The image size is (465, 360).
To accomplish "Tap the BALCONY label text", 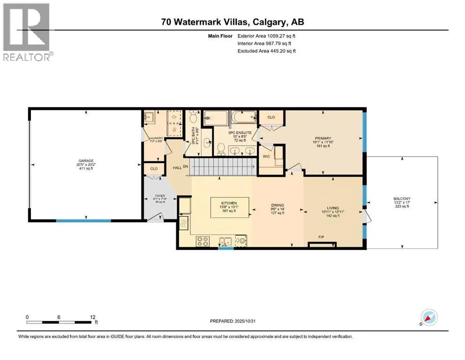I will click(x=402, y=199).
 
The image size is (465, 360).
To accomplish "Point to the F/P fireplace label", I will click(x=322, y=238).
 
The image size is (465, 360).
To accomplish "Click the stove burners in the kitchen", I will click(x=203, y=241).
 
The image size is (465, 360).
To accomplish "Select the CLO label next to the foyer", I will click(x=153, y=168).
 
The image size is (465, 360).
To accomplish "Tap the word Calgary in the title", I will click(x=273, y=22).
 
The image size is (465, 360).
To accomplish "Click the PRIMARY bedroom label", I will click(x=323, y=138).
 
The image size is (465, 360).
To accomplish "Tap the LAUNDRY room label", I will click(x=155, y=138).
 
